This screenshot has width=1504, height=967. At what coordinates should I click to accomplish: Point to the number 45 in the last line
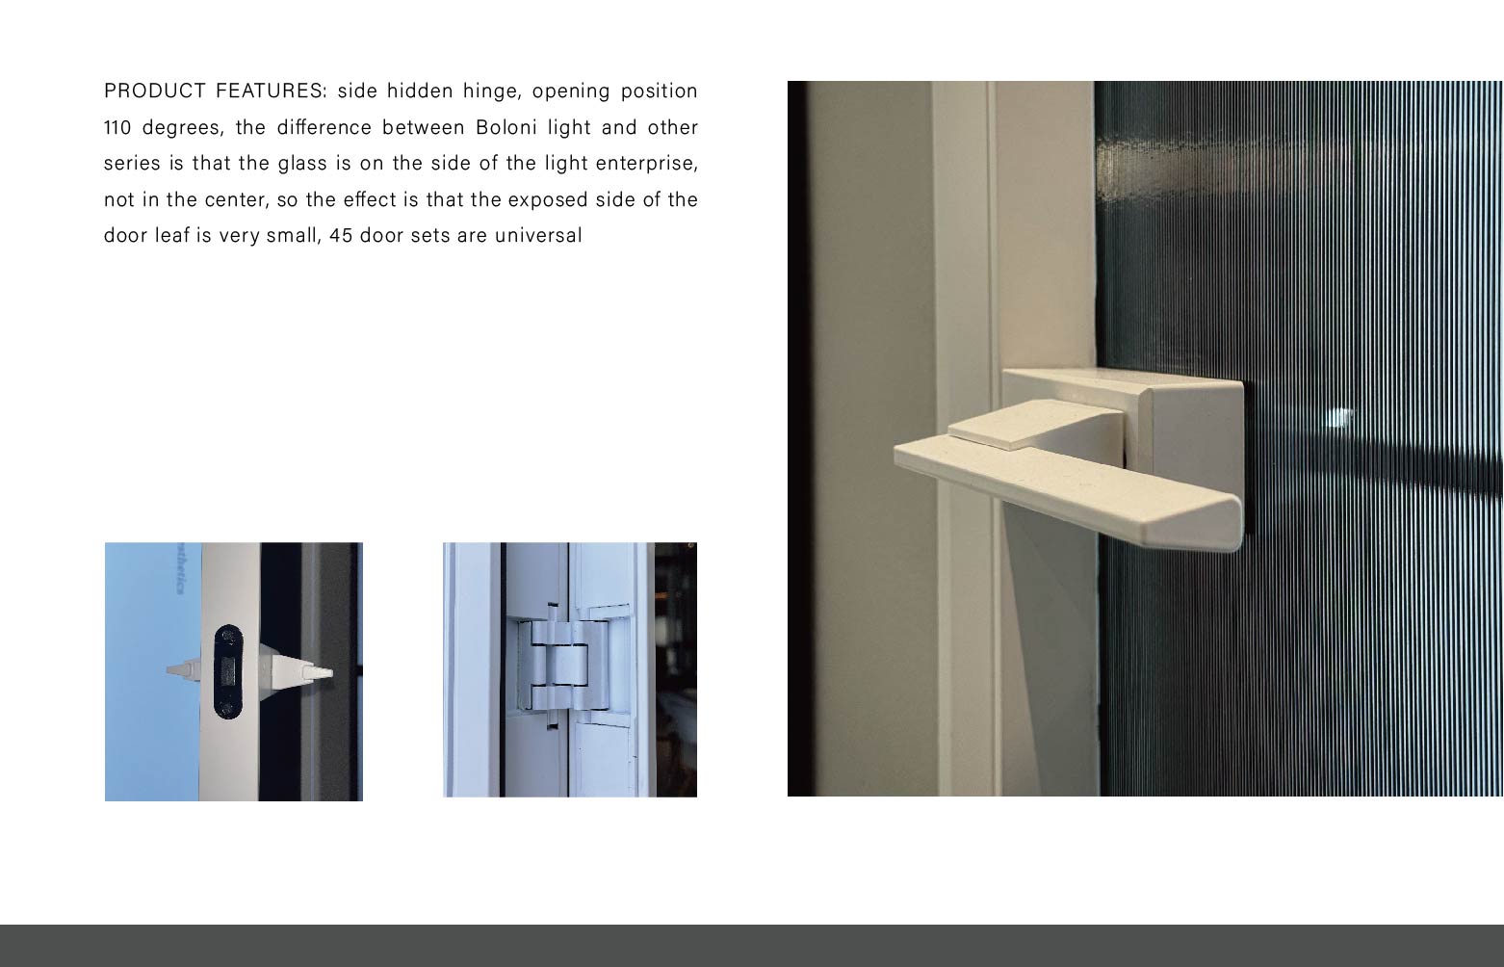[341, 235]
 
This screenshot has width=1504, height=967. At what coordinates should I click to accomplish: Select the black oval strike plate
[229, 671]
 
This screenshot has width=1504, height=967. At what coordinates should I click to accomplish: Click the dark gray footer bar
[751, 945]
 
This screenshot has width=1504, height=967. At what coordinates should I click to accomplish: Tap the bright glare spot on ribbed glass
[1339, 417]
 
